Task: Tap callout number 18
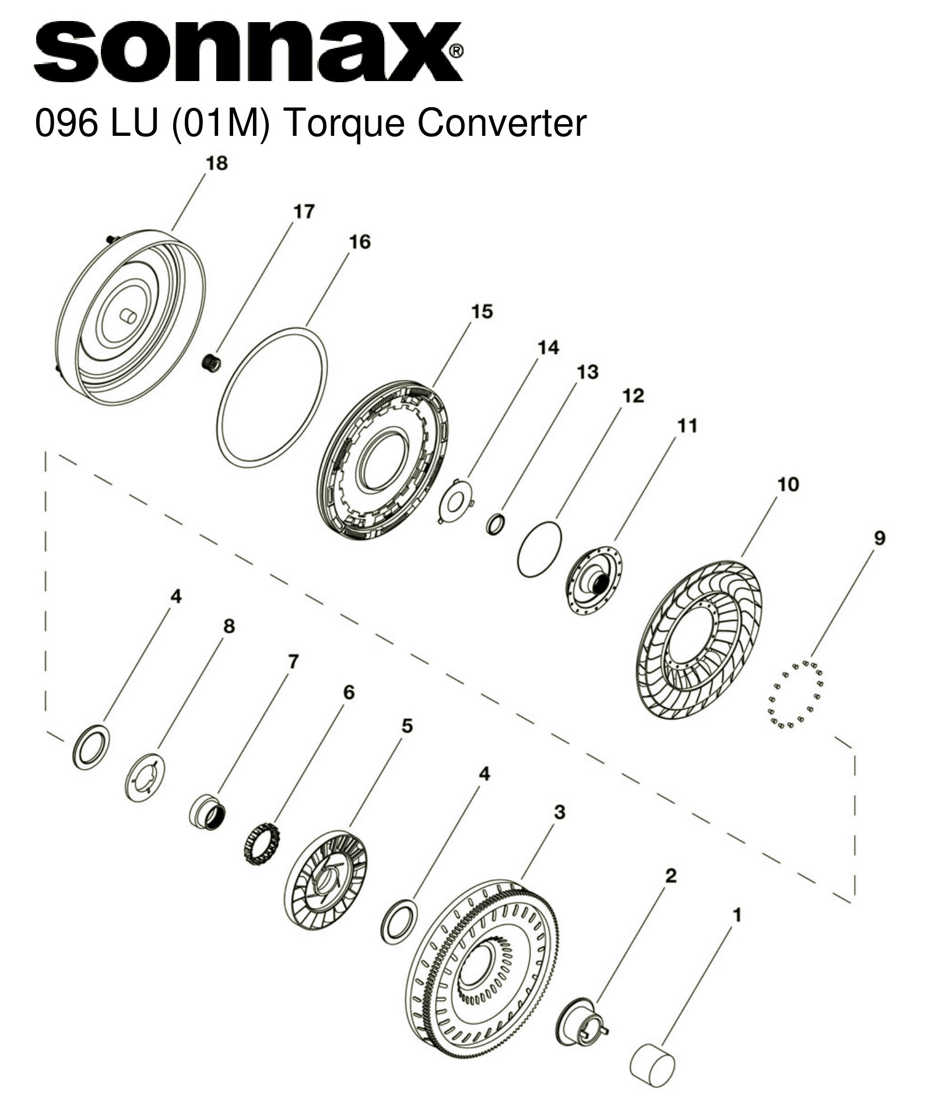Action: pyautogui.click(x=216, y=163)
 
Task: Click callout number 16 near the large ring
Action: pyautogui.click(x=359, y=241)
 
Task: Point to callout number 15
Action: pyautogui.click(x=482, y=311)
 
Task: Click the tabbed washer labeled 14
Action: pyautogui.click(x=455, y=500)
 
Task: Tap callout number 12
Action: pyautogui.click(x=633, y=395)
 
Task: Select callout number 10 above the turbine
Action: pyautogui.click(x=788, y=484)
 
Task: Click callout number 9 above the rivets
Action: pyautogui.click(x=879, y=538)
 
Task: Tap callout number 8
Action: pyautogui.click(x=229, y=626)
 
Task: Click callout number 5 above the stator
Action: pyautogui.click(x=407, y=726)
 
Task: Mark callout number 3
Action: pyautogui.click(x=559, y=812)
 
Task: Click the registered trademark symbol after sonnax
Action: pyautogui.click(x=457, y=51)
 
